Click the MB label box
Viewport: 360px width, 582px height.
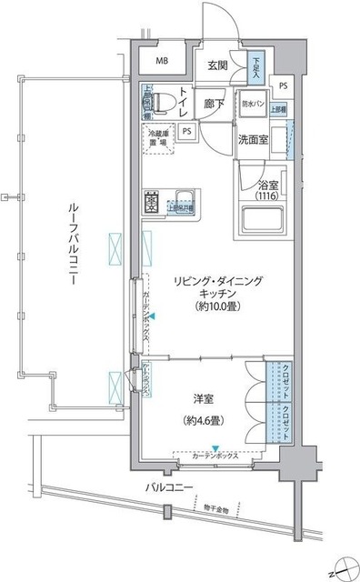coord(162,62)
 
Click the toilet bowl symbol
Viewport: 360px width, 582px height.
coord(156,103)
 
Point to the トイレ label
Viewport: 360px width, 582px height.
coord(184,100)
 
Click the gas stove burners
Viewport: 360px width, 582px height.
coord(150,202)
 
